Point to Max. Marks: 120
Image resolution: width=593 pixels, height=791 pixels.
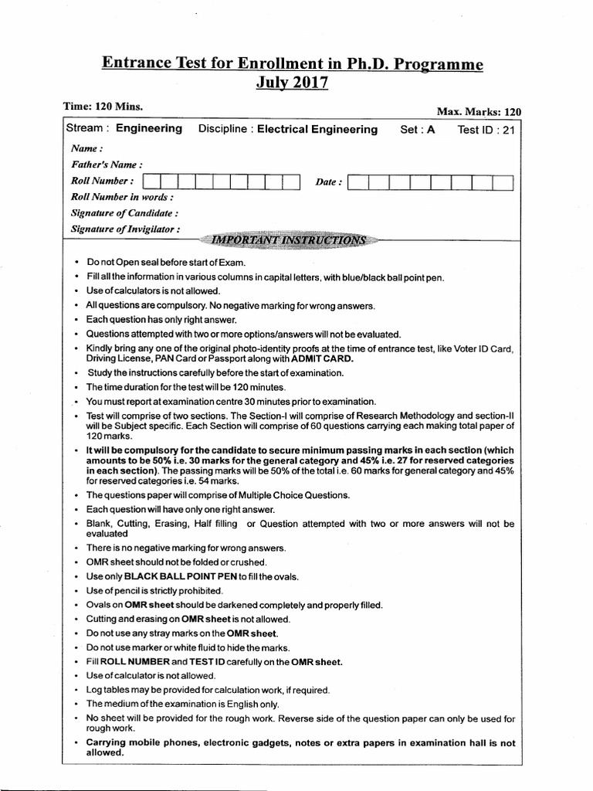479,112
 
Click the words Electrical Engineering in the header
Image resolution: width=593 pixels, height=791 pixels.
317,130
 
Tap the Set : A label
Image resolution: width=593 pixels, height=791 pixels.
417,130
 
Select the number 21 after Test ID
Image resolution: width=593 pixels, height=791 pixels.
508,130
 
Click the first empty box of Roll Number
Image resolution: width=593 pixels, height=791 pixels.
152,182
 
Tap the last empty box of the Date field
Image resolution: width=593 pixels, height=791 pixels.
503,183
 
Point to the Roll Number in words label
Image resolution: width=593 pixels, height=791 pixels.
117,197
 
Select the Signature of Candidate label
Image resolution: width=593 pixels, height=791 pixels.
124,212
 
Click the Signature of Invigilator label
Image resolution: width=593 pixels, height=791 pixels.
126,229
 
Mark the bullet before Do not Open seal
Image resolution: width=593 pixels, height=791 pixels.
77,263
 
